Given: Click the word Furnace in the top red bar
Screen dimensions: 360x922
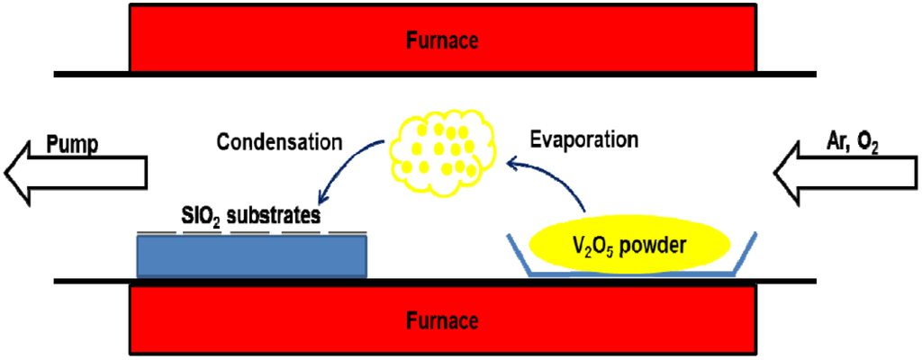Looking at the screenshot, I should (441, 40).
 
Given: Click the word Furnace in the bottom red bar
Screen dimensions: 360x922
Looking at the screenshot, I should (441, 320).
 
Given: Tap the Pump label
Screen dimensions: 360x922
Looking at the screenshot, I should (73, 144).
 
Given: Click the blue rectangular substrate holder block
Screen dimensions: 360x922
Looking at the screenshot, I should (251, 257).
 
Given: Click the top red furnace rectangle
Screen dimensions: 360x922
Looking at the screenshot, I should (270, 40).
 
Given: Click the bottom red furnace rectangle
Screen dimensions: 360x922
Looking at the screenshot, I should (270, 320).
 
